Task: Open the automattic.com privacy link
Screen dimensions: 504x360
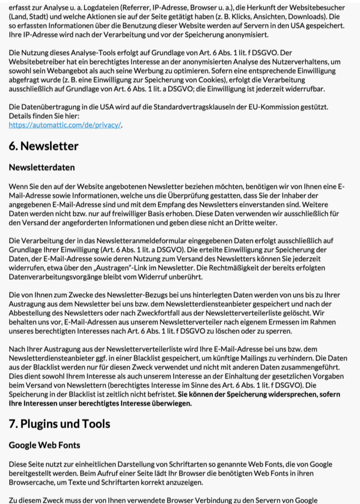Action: point(65,125)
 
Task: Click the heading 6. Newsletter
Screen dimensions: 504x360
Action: point(44,146)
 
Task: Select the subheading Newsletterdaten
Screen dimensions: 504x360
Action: point(42,167)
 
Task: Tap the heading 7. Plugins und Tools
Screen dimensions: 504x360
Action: point(60,424)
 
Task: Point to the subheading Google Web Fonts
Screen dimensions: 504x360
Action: point(44,445)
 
